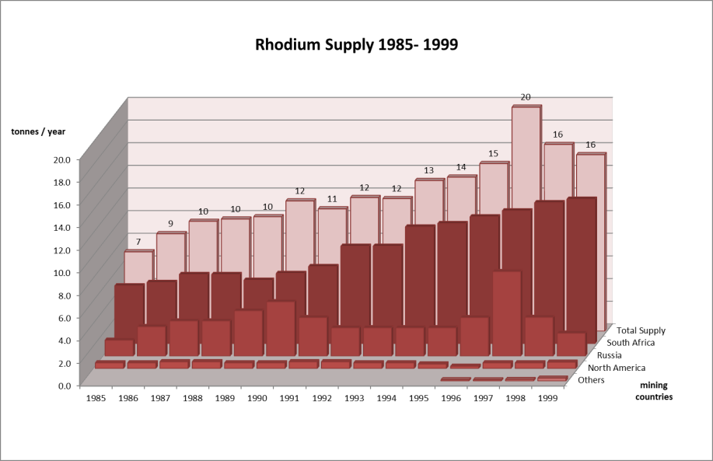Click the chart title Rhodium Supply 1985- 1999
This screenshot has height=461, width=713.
[357, 44]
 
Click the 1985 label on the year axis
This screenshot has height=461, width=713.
[96, 397]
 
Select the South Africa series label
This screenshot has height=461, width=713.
[631, 343]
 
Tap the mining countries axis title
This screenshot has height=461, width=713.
[653, 391]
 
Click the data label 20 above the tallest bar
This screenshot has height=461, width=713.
[526, 97]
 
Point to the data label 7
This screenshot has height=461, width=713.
[138, 243]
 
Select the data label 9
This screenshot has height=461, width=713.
[170, 225]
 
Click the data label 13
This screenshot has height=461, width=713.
[428, 170]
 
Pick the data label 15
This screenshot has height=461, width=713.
[493, 154]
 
